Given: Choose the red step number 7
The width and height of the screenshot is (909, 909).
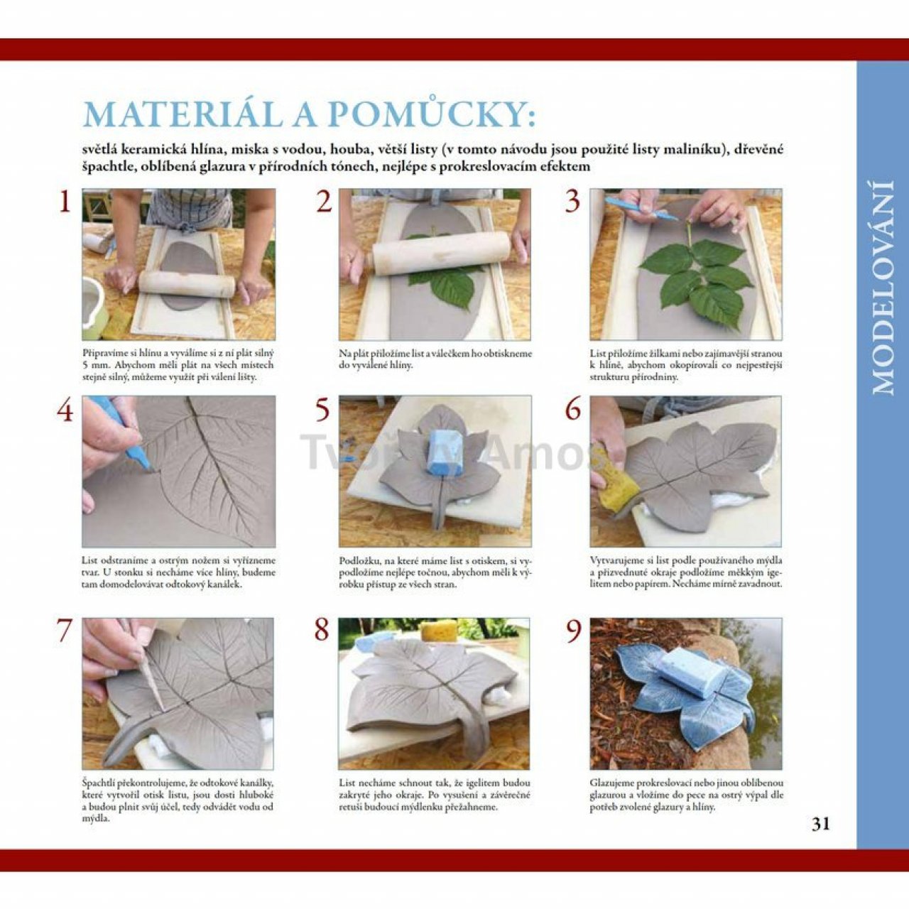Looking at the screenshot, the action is tap(65, 631).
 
